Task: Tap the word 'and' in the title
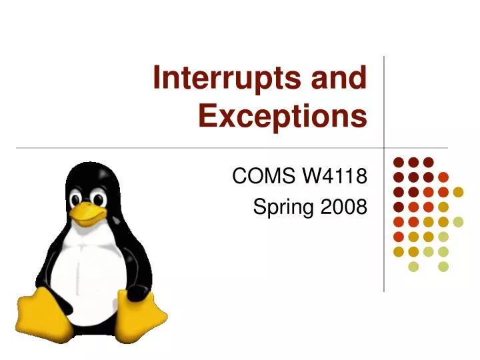click(339, 79)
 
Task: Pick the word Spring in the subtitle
click(281, 208)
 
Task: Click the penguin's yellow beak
click(88, 213)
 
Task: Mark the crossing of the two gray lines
click(384, 147)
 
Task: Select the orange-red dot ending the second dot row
click(443, 177)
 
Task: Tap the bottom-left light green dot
click(413, 267)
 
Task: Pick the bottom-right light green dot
click(443, 267)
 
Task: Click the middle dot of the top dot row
click(413, 162)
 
